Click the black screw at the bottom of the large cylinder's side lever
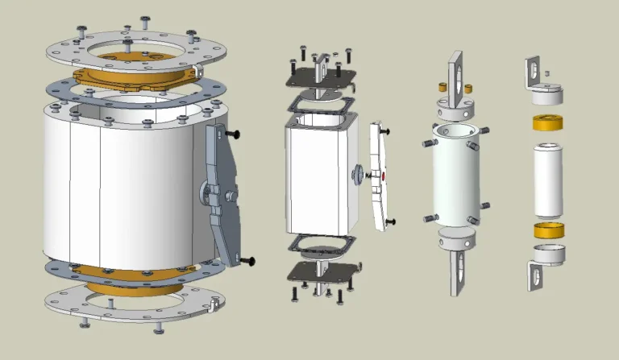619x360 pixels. pyautogui.click(x=247, y=260)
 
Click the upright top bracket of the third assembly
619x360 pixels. pyautogui.click(x=458, y=76)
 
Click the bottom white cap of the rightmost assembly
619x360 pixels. pyautogui.click(x=548, y=254)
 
